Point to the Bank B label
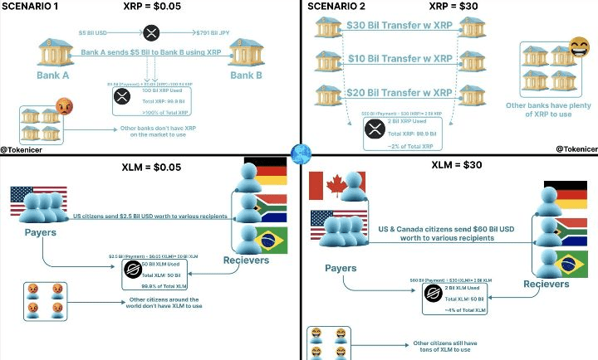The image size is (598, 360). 247,75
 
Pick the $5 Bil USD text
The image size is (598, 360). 96,33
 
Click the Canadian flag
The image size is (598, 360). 326,187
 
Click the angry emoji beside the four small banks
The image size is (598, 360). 64,107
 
